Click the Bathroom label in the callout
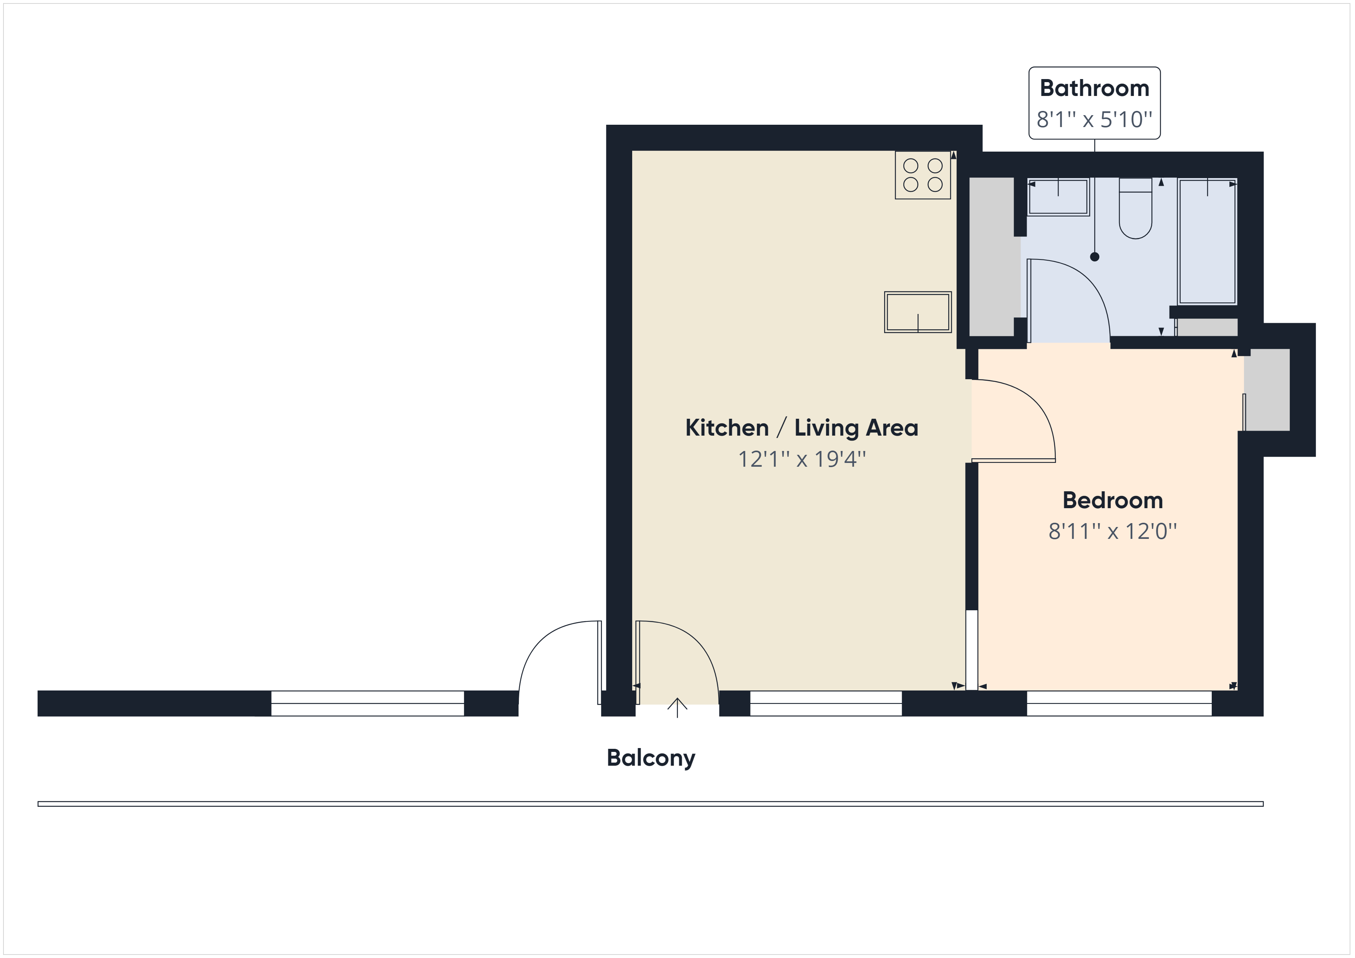[x=1094, y=89]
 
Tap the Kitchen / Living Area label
[x=802, y=428]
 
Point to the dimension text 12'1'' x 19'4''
[x=802, y=459]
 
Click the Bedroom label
[x=1112, y=500]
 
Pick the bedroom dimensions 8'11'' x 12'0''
[x=1112, y=532]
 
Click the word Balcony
[x=651, y=758]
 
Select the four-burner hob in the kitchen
[x=923, y=175]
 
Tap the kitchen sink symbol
[x=918, y=312]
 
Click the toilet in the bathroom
[x=1135, y=208]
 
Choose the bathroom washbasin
[x=1058, y=197]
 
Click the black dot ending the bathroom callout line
[x=1095, y=257]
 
